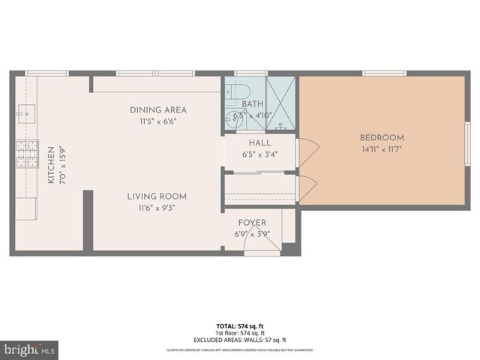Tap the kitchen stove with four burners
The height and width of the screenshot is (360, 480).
26,154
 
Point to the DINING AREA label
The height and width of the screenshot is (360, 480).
157,109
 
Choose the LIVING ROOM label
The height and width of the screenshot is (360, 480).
157,196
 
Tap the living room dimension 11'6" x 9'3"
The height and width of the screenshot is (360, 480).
157,208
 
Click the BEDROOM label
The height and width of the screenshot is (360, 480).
382,137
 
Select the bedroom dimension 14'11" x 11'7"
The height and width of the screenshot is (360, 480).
382,149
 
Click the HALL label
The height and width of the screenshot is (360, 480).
259,142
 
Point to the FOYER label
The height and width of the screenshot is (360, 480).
252,223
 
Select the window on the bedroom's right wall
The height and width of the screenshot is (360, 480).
466,142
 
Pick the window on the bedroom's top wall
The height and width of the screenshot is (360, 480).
385,73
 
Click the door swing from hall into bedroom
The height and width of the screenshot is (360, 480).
307,154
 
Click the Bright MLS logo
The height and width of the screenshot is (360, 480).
30,349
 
